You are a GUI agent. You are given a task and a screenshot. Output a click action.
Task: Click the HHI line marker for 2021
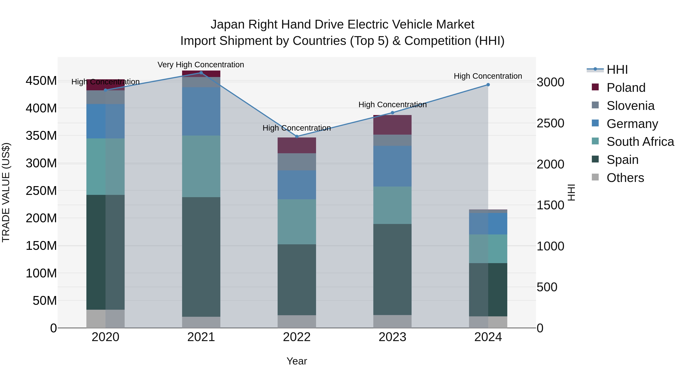(201, 73)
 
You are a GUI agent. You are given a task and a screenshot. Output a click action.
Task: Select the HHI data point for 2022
(297, 137)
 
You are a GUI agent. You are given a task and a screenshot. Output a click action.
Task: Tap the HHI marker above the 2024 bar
(488, 85)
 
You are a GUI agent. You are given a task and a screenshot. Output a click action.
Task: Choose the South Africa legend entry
(640, 142)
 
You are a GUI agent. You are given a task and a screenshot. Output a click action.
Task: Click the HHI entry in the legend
(617, 70)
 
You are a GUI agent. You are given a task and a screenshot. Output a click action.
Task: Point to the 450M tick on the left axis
(41, 81)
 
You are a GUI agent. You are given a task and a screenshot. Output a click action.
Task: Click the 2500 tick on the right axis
(550, 123)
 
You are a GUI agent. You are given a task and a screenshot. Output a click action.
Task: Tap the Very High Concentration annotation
(201, 65)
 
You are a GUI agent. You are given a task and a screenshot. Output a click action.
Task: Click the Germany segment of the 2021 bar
(201, 111)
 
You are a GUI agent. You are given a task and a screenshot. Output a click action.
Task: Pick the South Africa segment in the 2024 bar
(488, 249)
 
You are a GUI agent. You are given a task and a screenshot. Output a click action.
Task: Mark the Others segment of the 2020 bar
(105, 319)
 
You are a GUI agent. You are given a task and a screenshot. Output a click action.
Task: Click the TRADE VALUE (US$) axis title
(6, 192)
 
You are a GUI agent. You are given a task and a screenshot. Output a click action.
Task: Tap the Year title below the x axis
(297, 361)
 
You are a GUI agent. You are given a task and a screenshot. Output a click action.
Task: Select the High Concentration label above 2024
(488, 76)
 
